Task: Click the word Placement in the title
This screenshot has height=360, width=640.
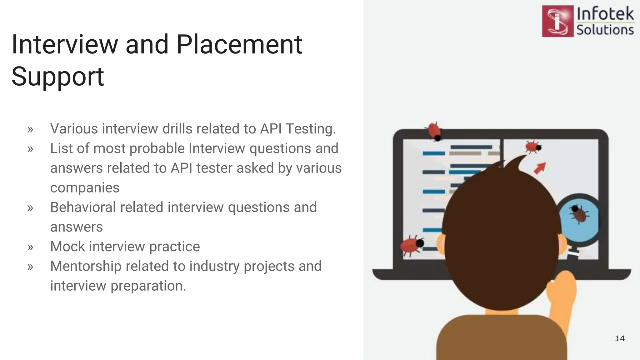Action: (x=239, y=44)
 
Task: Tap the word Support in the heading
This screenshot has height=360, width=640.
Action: (x=58, y=76)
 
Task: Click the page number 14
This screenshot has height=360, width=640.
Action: (x=619, y=338)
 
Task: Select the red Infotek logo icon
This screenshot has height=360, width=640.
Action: (x=558, y=21)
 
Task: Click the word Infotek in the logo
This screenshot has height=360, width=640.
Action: (x=605, y=14)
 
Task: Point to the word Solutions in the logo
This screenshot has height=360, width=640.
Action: (x=605, y=30)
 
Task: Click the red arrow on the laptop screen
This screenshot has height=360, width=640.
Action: (x=540, y=168)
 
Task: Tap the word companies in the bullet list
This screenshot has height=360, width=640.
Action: (x=85, y=188)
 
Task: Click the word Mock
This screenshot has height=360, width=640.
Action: (x=67, y=247)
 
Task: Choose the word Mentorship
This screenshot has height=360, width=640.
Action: (x=86, y=266)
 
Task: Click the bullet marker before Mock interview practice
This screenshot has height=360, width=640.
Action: (x=30, y=247)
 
